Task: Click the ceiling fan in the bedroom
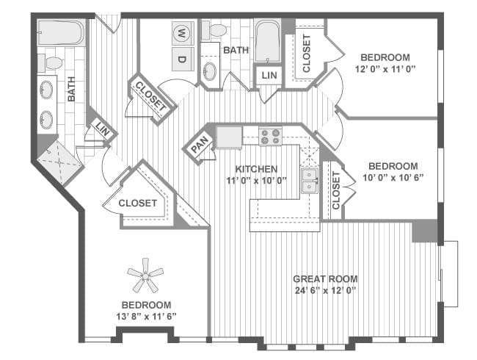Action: coord(146,276)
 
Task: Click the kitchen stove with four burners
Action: coord(270,136)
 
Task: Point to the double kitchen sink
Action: coord(310,180)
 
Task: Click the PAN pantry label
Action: coord(200,144)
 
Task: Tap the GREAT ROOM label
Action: coord(325,278)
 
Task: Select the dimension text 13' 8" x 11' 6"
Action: coord(146,317)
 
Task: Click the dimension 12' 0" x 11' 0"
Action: coord(385,69)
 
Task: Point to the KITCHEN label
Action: coord(256,169)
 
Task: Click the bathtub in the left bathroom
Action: coord(60,32)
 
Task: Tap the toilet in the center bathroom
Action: coord(214,31)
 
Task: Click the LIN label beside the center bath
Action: coord(269,75)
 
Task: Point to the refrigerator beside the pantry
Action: coord(230,137)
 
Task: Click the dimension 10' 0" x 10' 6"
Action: coord(393,178)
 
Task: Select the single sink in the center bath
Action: coord(210,71)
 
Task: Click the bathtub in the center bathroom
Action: coord(267,41)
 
